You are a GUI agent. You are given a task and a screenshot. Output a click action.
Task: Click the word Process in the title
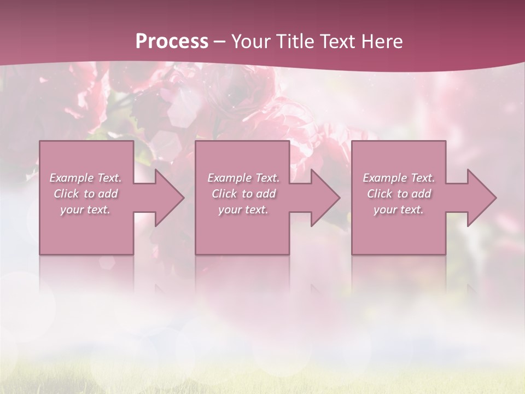click(172, 42)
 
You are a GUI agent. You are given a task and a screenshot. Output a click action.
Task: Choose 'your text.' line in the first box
click(85, 210)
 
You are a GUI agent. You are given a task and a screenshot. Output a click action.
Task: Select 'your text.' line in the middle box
click(243, 210)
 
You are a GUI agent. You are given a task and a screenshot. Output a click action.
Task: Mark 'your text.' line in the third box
click(399, 210)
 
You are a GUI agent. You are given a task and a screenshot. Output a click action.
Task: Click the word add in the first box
click(108, 194)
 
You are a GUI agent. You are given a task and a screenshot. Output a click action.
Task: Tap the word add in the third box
click(421, 194)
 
